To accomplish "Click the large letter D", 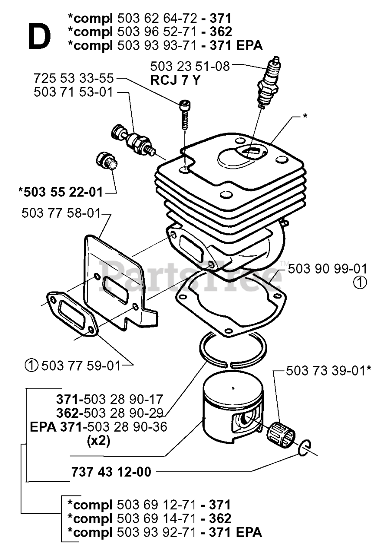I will coord(39,36).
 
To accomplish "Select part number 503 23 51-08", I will coord(190,67).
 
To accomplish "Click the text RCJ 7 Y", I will coord(175,80).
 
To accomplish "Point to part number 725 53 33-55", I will coord(74,79).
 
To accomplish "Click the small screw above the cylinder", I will coord(184,114).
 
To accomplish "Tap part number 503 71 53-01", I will coord(74,92).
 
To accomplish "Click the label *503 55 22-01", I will coord(61,192).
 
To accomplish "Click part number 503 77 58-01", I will coord(61,213).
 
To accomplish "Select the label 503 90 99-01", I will coord(328,268).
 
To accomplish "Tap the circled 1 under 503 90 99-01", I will coord(360,283).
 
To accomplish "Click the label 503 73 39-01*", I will coord(329,370).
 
